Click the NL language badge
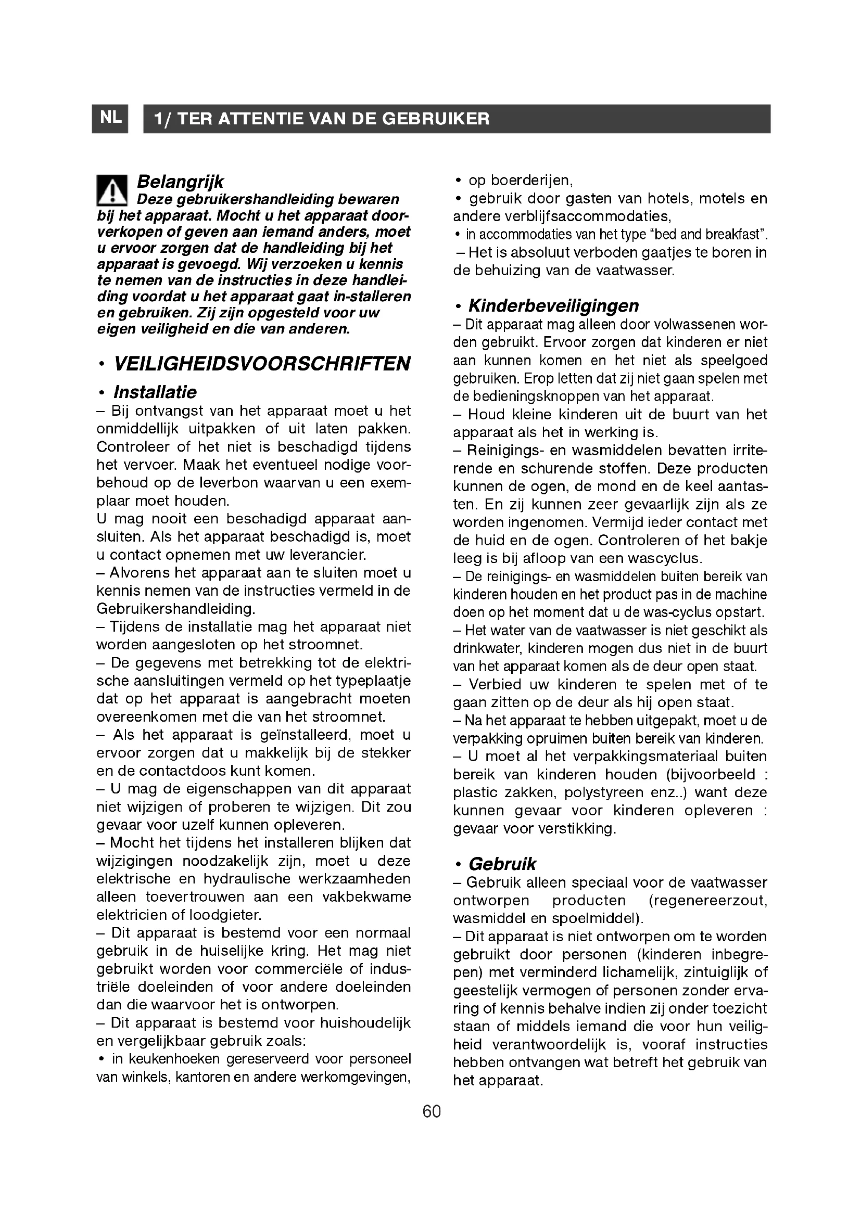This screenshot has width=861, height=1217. click(x=110, y=118)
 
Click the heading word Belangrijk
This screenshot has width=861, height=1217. click(x=180, y=182)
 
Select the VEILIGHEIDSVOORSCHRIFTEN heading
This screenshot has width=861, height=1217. click(x=262, y=364)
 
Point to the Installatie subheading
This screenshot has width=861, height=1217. click(x=155, y=392)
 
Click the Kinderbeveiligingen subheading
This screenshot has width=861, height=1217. click(x=553, y=306)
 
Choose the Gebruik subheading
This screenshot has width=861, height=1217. click(x=502, y=864)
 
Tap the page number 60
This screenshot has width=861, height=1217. click(x=432, y=1111)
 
